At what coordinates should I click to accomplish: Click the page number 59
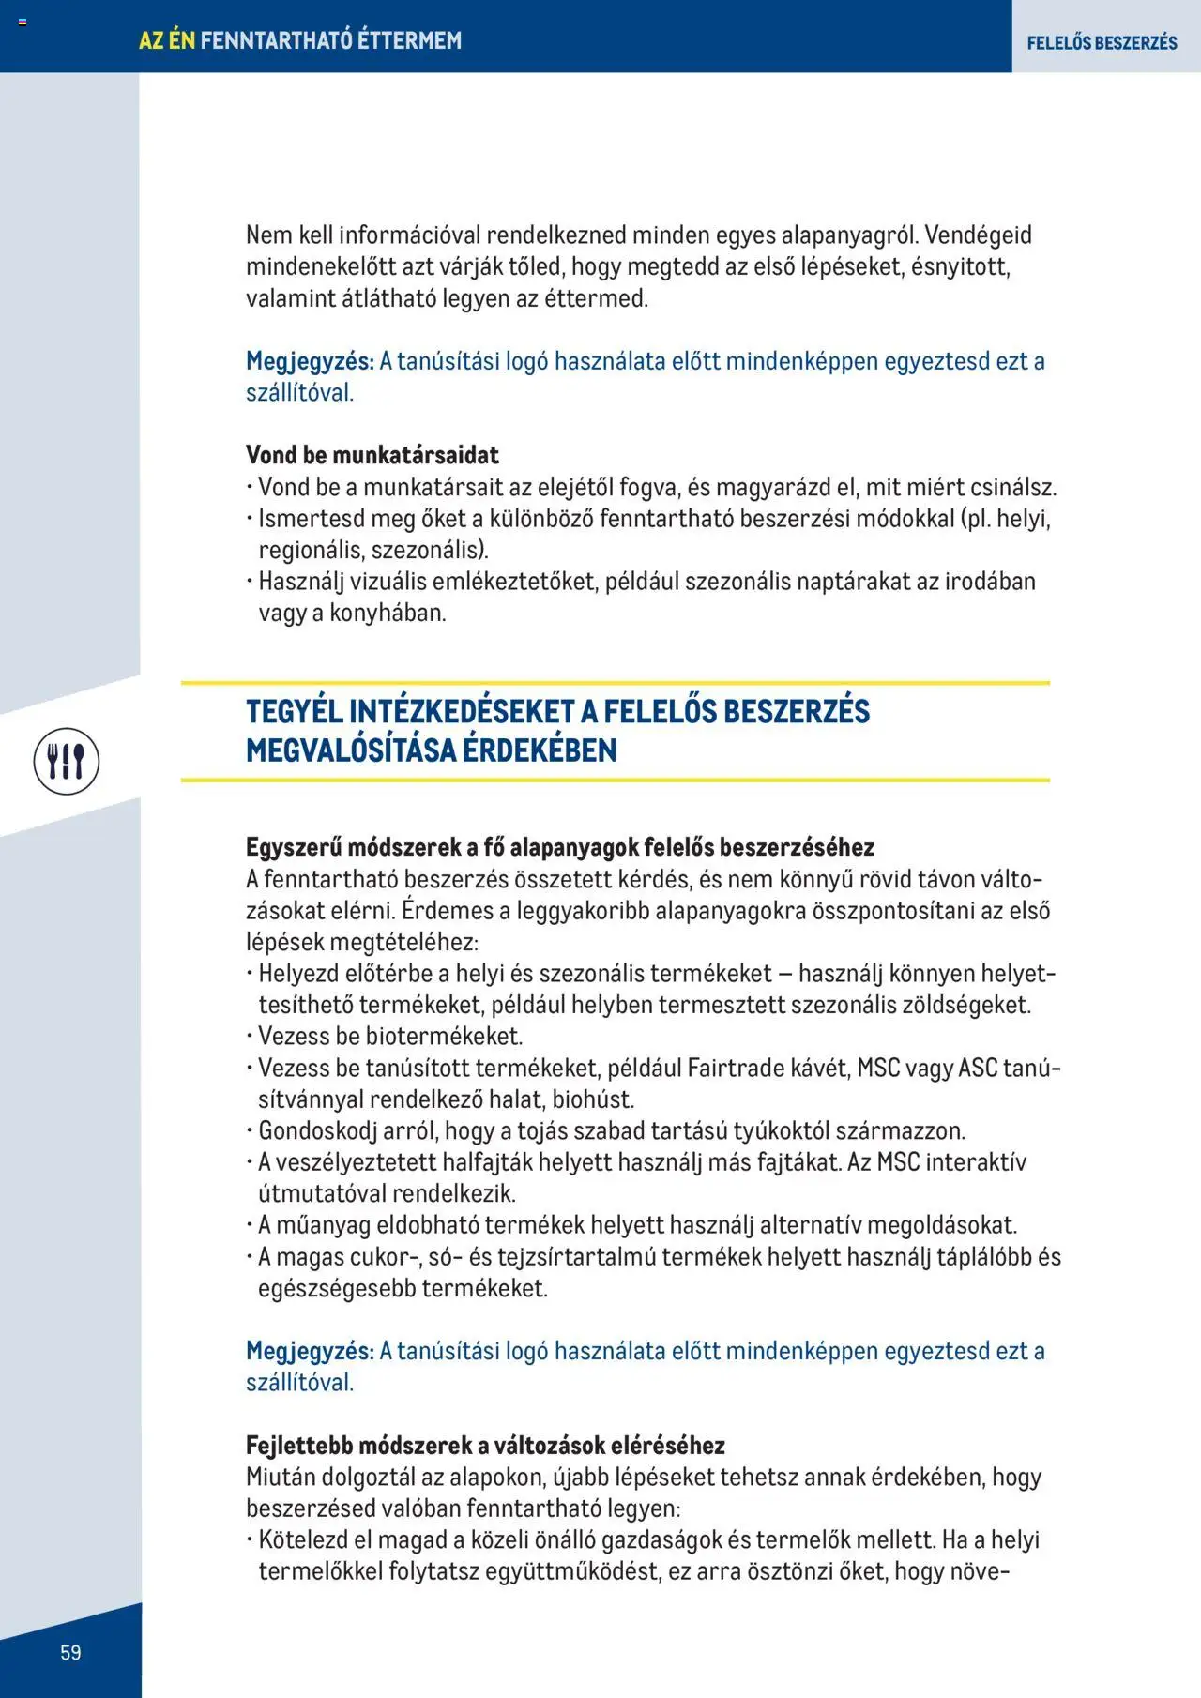[x=70, y=1652]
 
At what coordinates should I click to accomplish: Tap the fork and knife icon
[x=67, y=761]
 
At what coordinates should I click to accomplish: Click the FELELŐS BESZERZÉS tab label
[x=1102, y=42]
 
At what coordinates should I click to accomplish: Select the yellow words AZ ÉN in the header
[x=167, y=40]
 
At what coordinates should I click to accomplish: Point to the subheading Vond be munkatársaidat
[x=372, y=455]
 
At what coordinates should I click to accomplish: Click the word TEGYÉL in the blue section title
[x=295, y=711]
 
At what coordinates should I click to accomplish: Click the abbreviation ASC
[x=978, y=1068]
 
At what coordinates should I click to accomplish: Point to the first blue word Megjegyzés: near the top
[x=310, y=361]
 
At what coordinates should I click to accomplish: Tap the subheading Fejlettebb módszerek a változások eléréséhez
[x=485, y=1445]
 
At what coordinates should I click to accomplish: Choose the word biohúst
[x=593, y=1099]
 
